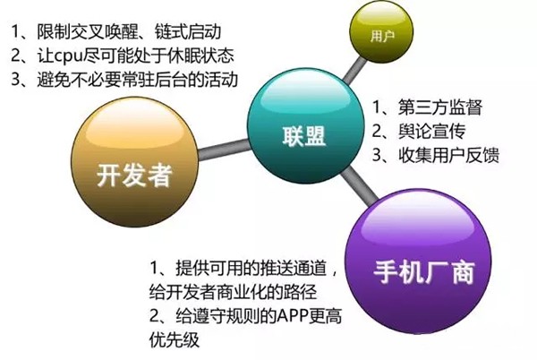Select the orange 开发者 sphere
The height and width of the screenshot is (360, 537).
[x=134, y=170]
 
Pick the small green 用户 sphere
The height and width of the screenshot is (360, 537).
[x=378, y=38]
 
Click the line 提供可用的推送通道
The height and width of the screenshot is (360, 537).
[x=242, y=269]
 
